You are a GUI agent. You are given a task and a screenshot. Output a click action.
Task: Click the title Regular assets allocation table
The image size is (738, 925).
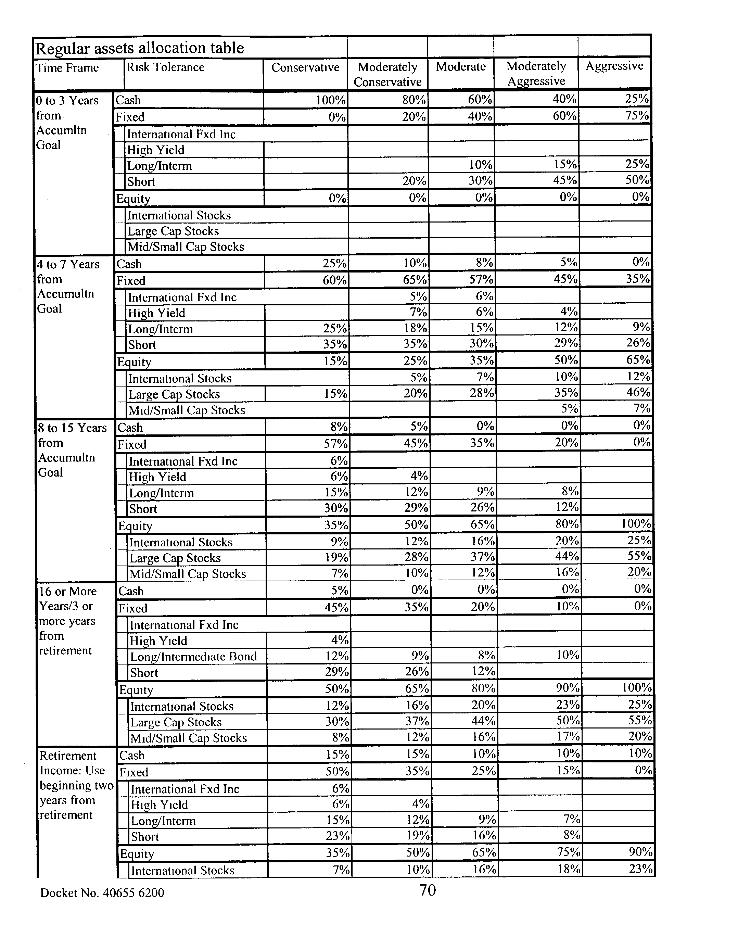click(x=139, y=48)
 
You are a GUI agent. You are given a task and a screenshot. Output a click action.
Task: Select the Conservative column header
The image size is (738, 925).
click(x=305, y=67)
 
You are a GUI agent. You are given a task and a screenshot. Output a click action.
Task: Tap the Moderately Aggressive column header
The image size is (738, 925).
click(x=536, y=73)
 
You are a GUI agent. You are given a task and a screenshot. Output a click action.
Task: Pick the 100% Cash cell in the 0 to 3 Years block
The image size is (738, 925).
click(x=330, y=100)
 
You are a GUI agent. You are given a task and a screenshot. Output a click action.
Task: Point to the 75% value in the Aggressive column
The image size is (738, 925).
click(x=637, y=116)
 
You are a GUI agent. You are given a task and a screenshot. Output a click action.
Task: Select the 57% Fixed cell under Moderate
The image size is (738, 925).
click(x=481, y=280)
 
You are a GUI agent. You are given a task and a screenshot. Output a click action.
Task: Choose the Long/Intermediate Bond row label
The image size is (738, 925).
click(x=193, y=656)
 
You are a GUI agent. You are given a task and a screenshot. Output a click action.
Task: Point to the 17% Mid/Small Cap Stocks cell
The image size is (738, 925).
click(x=569, y=737)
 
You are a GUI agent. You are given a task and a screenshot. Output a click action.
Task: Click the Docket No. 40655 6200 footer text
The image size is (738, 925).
click(x=102, y=893)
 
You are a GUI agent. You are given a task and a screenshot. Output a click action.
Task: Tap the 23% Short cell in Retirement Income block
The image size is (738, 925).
click(x=338, y=836)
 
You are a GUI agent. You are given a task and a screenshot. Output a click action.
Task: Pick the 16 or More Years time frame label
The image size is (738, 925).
click(x=67, y=621)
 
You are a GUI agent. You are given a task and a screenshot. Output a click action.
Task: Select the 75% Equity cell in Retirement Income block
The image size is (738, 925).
click(x=569, y=852)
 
